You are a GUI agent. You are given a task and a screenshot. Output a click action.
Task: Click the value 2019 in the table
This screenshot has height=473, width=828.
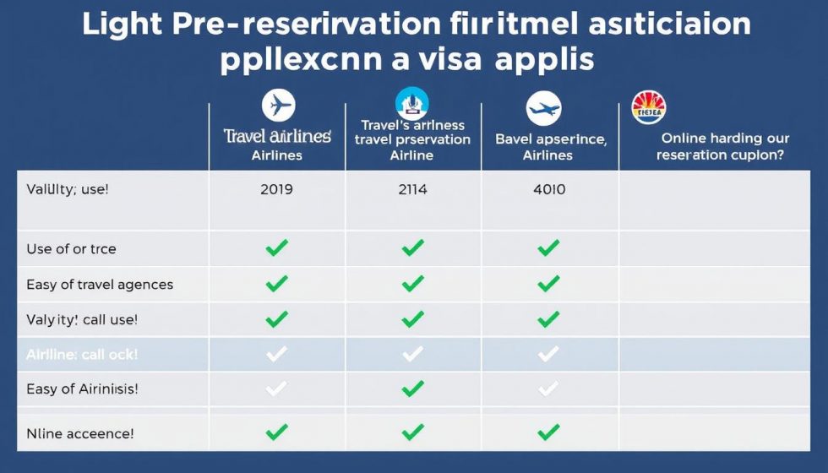pos(277,190)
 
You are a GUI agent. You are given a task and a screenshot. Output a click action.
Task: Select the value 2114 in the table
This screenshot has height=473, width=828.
pos(412,190)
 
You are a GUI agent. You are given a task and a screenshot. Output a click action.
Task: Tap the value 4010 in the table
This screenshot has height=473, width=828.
pos(549,190)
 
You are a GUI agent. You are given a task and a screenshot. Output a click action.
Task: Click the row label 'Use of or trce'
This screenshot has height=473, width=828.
pos(71,249)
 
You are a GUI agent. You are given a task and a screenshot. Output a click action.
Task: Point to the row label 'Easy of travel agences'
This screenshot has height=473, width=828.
pos(100,285)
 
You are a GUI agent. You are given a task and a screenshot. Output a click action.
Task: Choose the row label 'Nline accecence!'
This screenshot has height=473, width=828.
pos(79,433)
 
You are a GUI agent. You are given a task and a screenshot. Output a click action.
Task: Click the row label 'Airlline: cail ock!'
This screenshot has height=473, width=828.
pos(82,355)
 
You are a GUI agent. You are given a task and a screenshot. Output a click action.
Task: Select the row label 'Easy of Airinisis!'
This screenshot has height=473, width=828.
pos(82,389)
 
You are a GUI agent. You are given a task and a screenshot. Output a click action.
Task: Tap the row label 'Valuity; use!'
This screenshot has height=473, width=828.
pos(68,190)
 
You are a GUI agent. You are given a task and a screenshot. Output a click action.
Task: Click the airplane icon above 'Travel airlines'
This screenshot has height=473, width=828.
pos(277,106)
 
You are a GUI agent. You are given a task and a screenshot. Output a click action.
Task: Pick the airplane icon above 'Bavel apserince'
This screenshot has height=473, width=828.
pos(543,109)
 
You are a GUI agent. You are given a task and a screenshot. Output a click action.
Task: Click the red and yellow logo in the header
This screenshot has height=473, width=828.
pos(649,107)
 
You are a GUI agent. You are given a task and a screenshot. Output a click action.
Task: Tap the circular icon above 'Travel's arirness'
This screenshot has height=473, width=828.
pos(412,104)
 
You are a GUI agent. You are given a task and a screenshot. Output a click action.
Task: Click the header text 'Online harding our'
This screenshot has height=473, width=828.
pos(725,138)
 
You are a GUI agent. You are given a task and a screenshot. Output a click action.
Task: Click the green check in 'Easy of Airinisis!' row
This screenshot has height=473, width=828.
pos(412,389)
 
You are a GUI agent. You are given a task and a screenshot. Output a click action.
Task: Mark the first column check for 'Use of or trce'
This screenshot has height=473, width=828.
pos(277,248)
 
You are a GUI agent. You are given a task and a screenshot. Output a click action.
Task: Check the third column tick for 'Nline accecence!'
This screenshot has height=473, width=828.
pos(548,433)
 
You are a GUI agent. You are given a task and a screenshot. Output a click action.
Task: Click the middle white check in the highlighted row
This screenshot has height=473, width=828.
pos(412,355)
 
